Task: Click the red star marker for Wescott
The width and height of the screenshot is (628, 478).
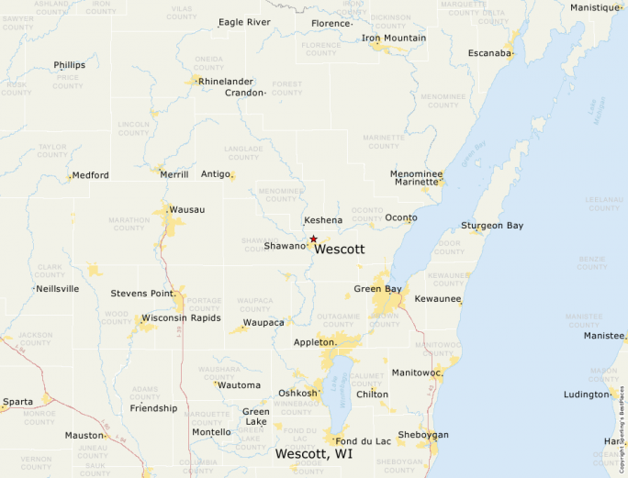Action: pyautogui.click(x=314, y=239)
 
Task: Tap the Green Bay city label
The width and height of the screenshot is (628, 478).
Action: pyautogui.click(x=377, y=289)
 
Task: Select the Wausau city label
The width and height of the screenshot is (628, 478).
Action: pyautogui.click(x=187, y=210)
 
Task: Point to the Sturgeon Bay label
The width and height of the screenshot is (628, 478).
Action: pyautogui.click(x=492, y=226)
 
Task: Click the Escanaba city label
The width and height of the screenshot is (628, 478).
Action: pyautogui.click(x=489, y=53)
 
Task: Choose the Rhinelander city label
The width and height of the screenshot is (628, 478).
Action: pyautogui.click(x=226, y=81)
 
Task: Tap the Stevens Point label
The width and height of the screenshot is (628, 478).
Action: pyautogui.click(x=141, y=294)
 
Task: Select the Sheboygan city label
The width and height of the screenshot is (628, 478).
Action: pyautogui.click(x=422, y=434)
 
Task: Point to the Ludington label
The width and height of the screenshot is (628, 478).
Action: pyautogui.click(x=585, y=395)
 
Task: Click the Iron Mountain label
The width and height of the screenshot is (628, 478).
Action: pyautogui.click(x=393, y=38)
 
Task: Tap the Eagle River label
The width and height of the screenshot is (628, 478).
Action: pyautogui.click(x=244, y=22)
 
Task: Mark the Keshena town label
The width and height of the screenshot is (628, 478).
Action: pyautogui.click(x=323, y=220)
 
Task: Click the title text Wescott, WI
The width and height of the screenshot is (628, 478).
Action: pyautogui.click(x=314, y=454)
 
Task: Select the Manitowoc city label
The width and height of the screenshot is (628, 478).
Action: pyautogui.click(x=417, y=372)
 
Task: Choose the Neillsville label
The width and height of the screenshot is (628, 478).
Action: pyautogui.click(x=57, y=288)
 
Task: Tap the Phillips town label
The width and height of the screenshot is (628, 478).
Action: pyautogui.click(x=69, y=65)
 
